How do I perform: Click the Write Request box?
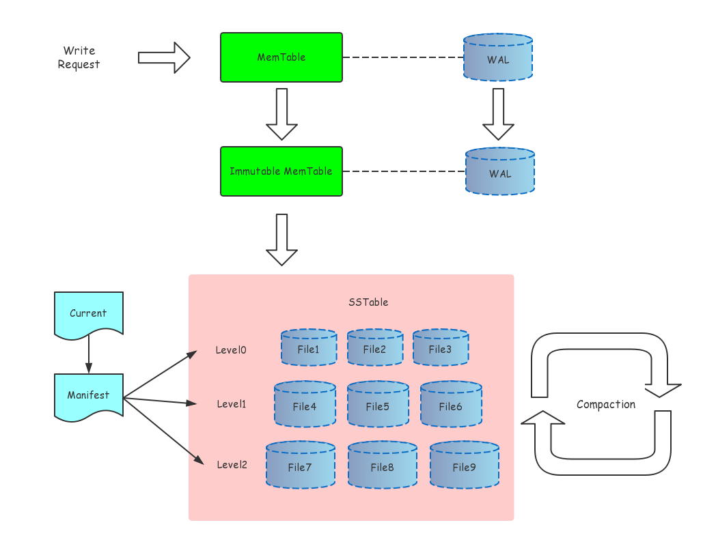coord(79,57)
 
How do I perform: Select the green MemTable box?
coord(281,57)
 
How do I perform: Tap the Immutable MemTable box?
coord(281,171)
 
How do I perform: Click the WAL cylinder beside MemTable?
coord(497,58)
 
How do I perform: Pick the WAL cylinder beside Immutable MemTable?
coord(499,172)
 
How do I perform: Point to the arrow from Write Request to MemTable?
coord(163,57)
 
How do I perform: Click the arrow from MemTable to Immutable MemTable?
coord(281,113)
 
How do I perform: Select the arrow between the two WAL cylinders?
coord(498,114)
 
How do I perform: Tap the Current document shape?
coord(88,314)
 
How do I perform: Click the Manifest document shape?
coord(88,395)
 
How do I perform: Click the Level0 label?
coord(231,350)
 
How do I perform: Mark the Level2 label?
coord(232,465)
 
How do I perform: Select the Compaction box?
coord(606,404)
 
